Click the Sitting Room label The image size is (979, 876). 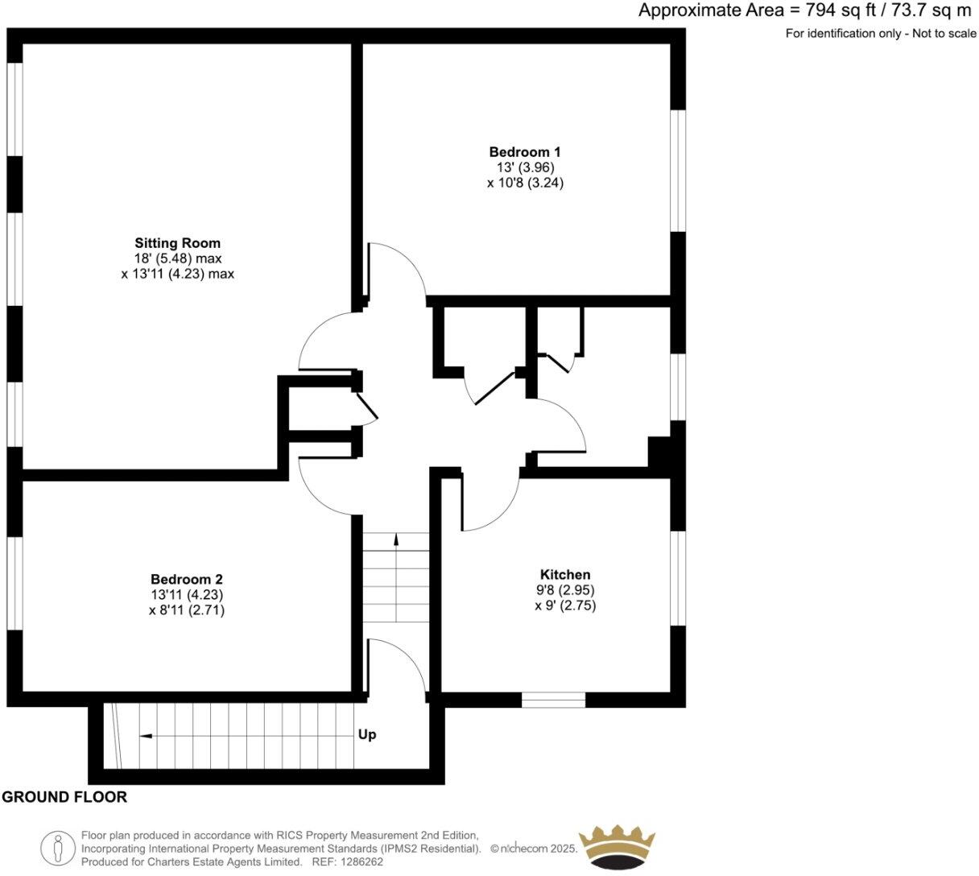point(177,242)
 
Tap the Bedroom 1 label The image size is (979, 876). point(525,151)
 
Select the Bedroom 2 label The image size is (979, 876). point(186,579)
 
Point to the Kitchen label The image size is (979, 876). point(564,574)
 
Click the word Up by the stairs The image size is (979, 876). point(367,734)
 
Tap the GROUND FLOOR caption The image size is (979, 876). point(64,797)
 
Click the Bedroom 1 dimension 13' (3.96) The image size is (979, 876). point(525,167)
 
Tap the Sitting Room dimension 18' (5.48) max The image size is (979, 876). point(177,258)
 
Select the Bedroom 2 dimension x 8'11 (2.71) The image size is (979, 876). point(186,610)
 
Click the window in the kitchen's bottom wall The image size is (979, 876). point(553,700)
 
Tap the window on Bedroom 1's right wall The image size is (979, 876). point(679,171)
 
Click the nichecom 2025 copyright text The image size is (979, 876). point(534,848)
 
